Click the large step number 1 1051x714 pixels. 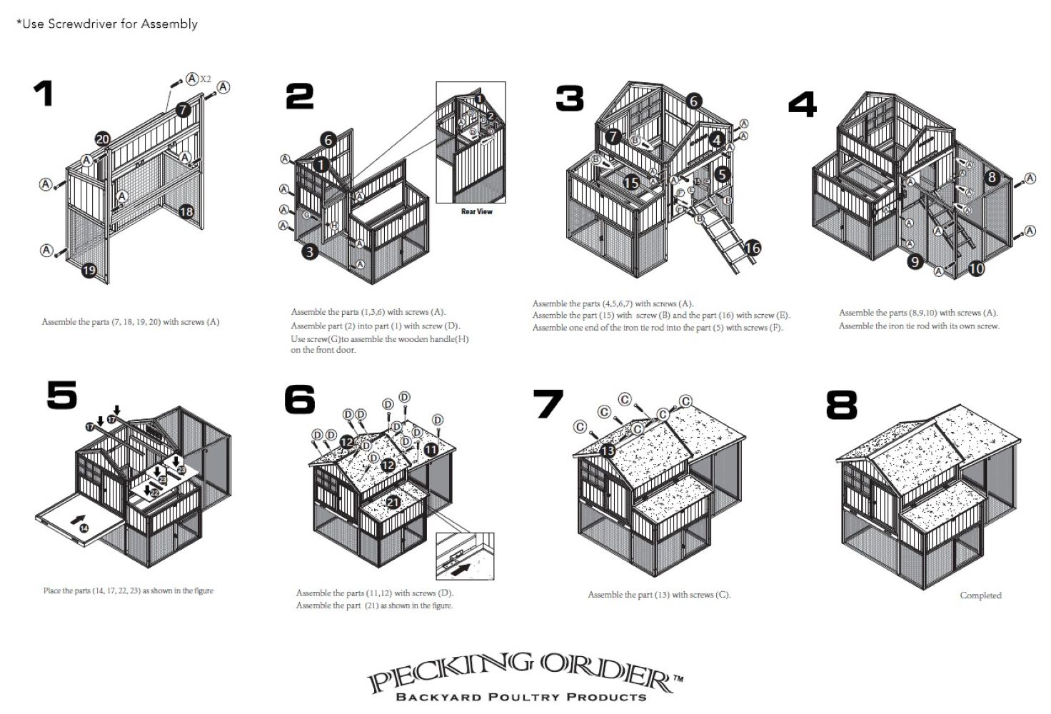pyautogui.click(x=44, y=94)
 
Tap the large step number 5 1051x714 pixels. pyautogui.click(x=62, y=395)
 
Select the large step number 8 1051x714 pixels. pyautogui.click(x=841, y=405)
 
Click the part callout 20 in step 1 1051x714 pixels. pyautogui.click(x=103, y=139)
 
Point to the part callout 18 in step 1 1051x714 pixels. pyautogui.click(x=186, y=211)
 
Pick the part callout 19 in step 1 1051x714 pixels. pyautogui.click(x=89, y=270)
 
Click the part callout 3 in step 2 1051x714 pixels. pyautogui.click(x=310, y=251)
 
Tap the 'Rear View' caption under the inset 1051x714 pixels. pyautogui.click(x=476, y=211)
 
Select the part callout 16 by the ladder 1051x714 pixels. pyautogui.click(x=753, y=248)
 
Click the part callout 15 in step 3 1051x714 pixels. pyautogui.click(x=631, y=183)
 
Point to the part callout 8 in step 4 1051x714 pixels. pyautogui.click(x=992, y=177)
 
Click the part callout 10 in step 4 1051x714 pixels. pyautogui.click(x=976, y=268)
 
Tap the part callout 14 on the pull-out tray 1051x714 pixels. pyautogui.click(x=84, y=528)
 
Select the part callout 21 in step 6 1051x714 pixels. pyautogui.click(x=393, y=503)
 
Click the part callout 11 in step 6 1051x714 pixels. pyautogui.click(x=431, y=450)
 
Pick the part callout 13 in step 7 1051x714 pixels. pyautogui.click(x=608, y=451)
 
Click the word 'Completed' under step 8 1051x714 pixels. pyautogui.click(x=980, y=595)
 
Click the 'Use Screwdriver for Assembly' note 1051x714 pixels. pyautogui.click(x=107, y=24)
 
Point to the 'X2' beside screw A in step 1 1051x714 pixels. pyautogui.click(x=206, y=79)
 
